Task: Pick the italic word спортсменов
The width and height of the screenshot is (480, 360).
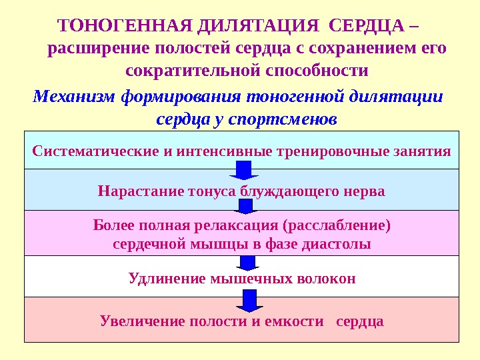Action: pyautogui.click(x=284, y=119)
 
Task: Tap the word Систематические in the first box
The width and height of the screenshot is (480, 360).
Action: pyautogui.click(x=94, y=150)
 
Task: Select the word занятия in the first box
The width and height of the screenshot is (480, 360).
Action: pyautogui.click(x=424, y=150)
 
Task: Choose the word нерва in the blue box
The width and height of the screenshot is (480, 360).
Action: pyautogui.click(x=365, y=191)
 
